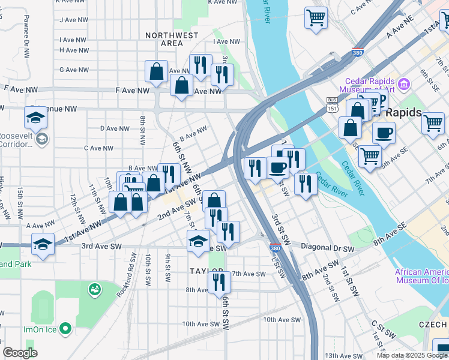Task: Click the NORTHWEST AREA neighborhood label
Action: coord(172,39)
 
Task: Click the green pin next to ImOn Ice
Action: coord(65,329)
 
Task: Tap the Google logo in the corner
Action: coord(20,353)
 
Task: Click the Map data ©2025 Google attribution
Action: coord(411,355)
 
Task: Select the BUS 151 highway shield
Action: coord(332,103)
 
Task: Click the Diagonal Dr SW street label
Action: coord(327,248)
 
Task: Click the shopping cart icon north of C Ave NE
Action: coord(316,17)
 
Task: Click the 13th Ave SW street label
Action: coord(342,356)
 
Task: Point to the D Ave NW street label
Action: coord(115,128)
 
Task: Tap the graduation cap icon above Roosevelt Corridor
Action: coord(36,118)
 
